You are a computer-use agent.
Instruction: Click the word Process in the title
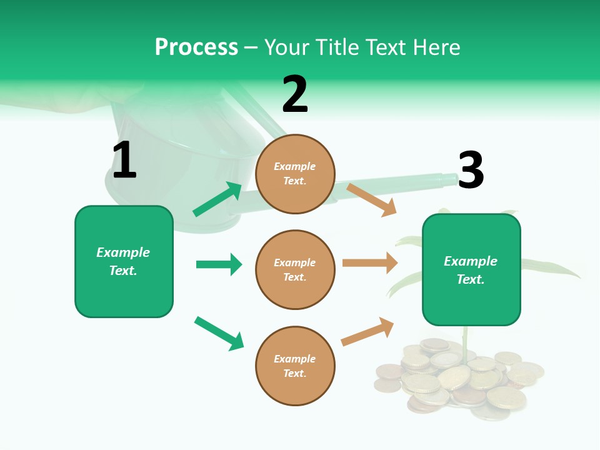pos(196,47)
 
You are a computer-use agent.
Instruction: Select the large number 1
pos(124,160)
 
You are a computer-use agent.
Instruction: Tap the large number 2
pos(295,94)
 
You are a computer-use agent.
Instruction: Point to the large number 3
pos(471,170)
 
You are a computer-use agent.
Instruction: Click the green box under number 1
pos(124,261)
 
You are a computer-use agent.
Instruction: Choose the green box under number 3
pos(471,270)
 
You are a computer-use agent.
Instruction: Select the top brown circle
pos(295,173)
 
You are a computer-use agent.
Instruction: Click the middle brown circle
pos(295,269)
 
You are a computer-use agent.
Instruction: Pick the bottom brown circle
pos(295,366)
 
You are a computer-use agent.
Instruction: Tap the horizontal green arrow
pos(219,264)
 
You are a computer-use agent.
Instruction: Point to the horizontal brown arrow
pos(369,263)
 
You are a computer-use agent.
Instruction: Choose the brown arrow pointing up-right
pos(367,332)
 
